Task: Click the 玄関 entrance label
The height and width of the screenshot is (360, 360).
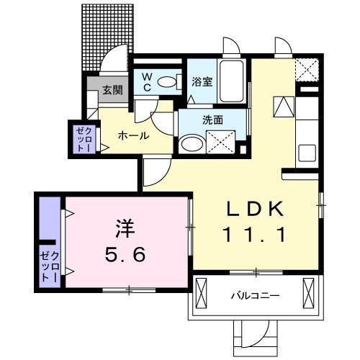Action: coord(112,91)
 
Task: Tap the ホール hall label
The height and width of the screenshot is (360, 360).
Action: coord(133,135)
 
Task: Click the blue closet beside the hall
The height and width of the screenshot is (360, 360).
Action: coord(80,138)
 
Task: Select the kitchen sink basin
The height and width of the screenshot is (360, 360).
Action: coord(305,154)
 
